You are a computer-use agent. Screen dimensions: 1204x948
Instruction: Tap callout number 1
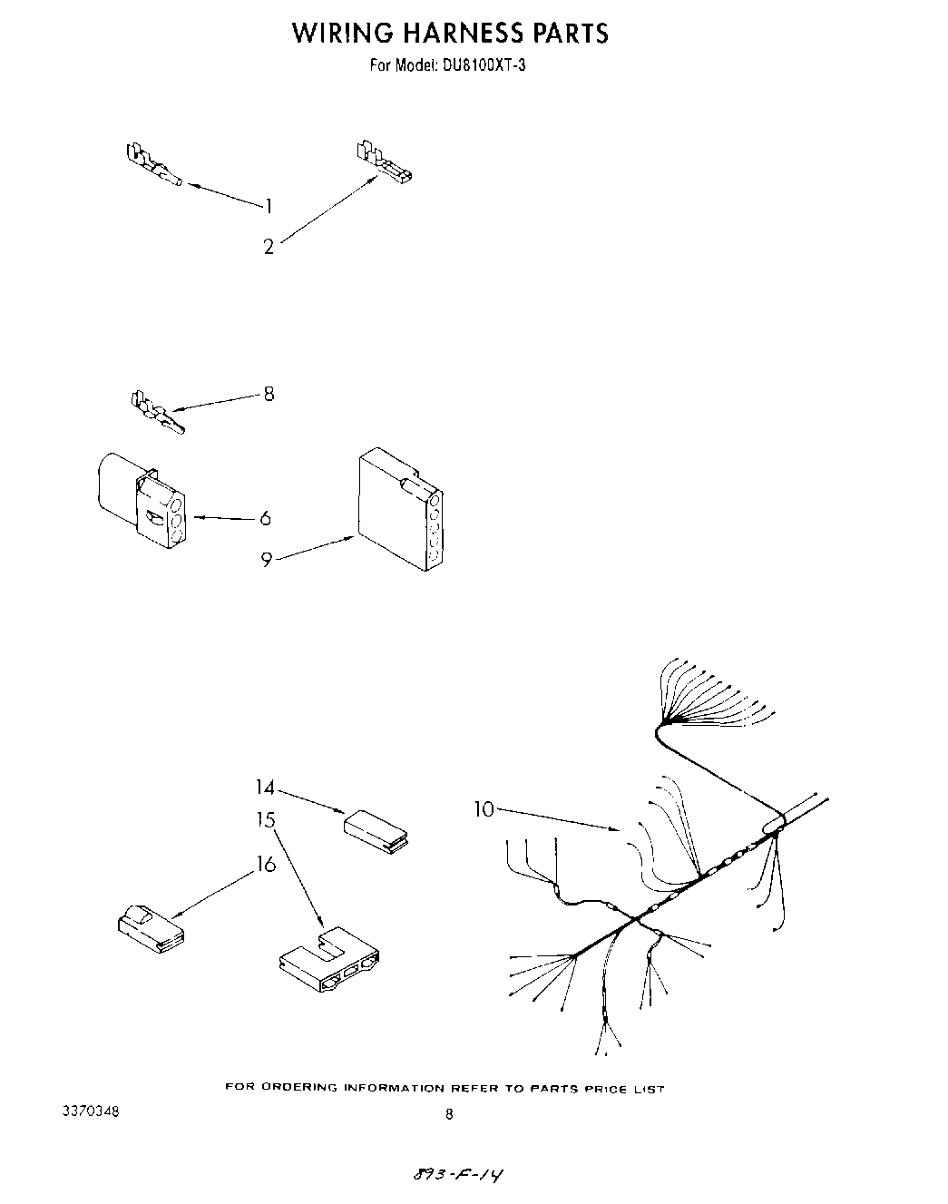(x=269, y=206)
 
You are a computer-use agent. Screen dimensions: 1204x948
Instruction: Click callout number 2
(x=269, y=247)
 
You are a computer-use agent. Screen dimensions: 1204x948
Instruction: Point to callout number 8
(x=269, y=394)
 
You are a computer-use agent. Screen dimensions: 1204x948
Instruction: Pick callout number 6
(x=265, y=518)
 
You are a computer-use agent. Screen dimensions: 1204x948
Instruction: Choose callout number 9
(x=267, y=560)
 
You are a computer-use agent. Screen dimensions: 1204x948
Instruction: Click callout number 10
(x=484, y=808)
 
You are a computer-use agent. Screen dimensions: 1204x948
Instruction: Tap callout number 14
(x=265, y=788)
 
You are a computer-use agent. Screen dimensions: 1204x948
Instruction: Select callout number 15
(x=265, y=820)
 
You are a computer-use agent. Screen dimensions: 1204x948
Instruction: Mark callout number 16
(x=265, y=864)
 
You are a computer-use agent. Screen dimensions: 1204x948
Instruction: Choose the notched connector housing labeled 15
(x=328, y=962)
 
